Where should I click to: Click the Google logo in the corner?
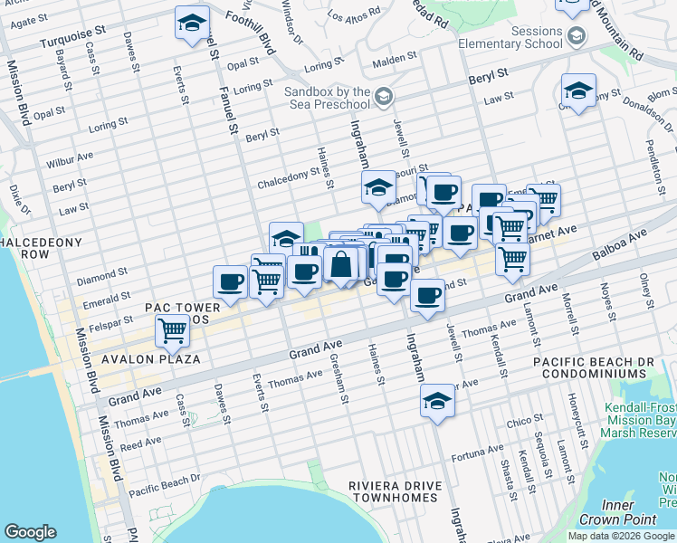[x=30, y=532]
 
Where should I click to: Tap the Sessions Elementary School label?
[x=510, y=36]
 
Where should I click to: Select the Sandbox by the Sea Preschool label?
[x=328, y=98]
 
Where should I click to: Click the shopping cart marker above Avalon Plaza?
[x=172, y=332]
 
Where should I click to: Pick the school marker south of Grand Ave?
[x=437, y=401]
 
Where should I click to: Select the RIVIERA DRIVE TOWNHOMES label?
[x=396, y=492]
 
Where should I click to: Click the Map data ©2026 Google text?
[x=619, y=536]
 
